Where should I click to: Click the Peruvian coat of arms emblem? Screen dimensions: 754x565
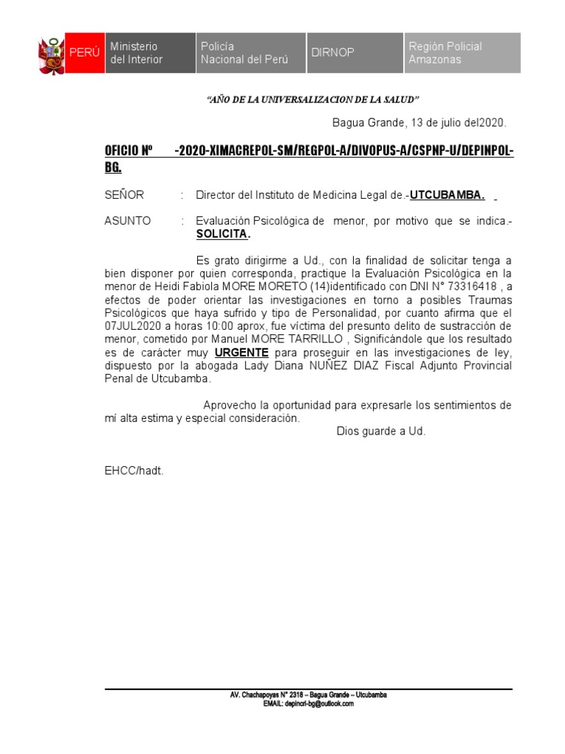[x=51, y=53]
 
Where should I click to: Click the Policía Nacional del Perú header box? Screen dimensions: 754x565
[x=249, y=53]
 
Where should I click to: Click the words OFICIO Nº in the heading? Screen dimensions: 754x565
[x=129, y=151]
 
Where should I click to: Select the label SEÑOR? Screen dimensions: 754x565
[x=124, y=195]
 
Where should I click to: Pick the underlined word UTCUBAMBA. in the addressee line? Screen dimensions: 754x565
[x=447, y=195]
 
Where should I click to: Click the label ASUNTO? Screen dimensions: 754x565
[x=128, y=221]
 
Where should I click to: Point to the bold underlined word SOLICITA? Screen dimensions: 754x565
[x=223, y=234]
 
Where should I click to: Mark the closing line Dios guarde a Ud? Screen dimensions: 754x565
[x=381, y=431]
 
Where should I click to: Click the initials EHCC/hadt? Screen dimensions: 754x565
[x=134, y=470]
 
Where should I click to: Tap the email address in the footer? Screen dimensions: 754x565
[x=309, y=704]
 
